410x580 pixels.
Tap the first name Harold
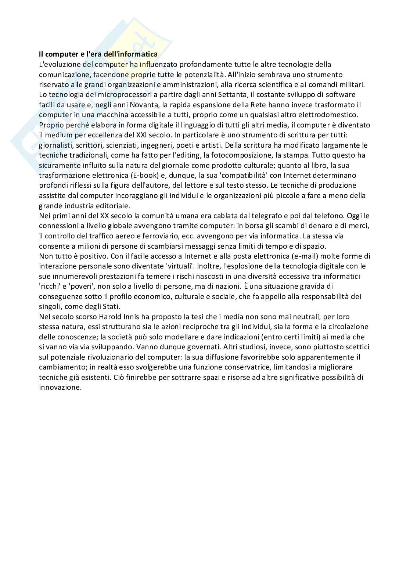(x=110, y=316)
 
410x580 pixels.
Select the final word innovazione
(x=59, y=387)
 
